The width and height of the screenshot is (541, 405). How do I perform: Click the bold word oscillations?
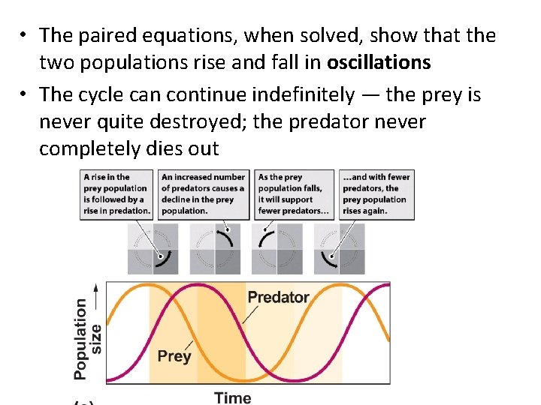(379, 62)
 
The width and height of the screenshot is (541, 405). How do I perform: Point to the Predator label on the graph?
(278, 297)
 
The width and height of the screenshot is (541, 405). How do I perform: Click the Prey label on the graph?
(174, 356)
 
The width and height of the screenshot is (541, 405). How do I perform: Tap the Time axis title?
(233, 397)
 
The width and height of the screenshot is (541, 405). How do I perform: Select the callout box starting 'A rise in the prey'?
(117, 194)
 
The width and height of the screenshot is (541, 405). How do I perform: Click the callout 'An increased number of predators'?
(202, 194)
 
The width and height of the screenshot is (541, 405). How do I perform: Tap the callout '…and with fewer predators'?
(376, 194)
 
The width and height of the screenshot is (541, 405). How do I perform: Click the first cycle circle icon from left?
(153, 248)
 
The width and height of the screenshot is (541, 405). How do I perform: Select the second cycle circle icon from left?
(215, 248)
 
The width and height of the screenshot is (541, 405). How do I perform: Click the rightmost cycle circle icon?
(339, 248)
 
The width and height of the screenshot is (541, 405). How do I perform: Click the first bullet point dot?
(25, 36)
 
